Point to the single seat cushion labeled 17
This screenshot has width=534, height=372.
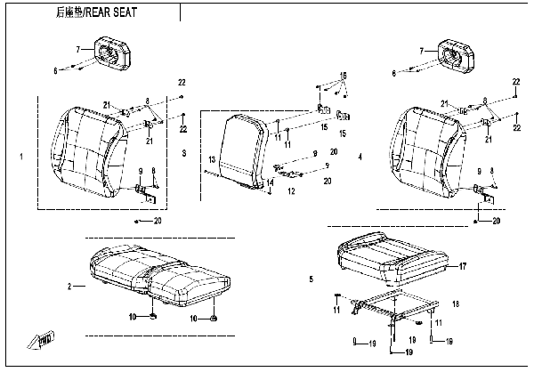pos(392,255)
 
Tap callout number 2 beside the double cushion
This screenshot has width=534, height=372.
pos(69,287)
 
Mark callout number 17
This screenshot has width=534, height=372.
pos(463,266)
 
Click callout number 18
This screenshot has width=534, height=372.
pos(457,304)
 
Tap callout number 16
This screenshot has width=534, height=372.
pos(344,74)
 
